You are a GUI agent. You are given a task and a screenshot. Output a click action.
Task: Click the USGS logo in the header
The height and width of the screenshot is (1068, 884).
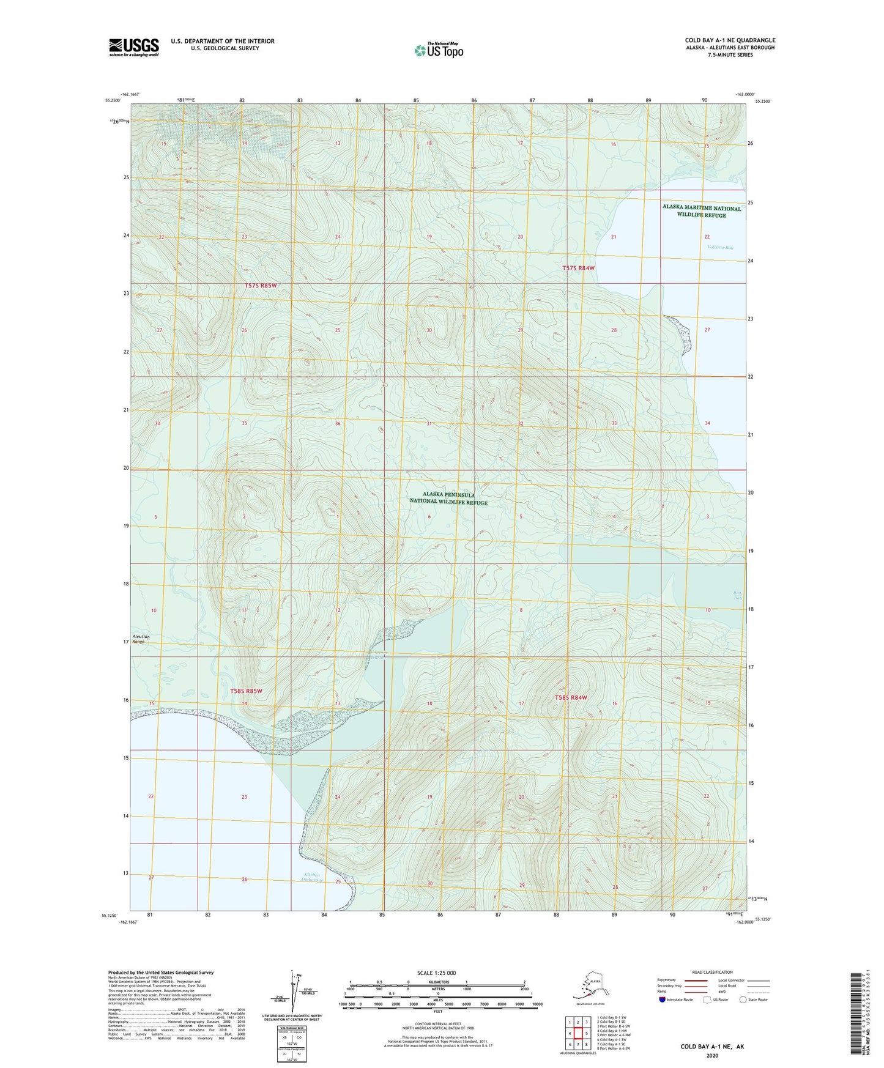click(x=133, y=47)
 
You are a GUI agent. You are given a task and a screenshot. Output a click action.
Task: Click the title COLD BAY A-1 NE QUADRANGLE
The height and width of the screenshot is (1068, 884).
click(x=730, y=40)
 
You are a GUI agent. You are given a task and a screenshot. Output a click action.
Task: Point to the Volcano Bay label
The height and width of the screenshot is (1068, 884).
click(x=719, y=248)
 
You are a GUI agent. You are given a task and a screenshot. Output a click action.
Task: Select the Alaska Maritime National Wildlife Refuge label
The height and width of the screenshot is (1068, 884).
click(x=701, y=212)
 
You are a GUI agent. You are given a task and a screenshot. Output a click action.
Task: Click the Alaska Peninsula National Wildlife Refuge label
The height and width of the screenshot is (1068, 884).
click(x=448, y=499)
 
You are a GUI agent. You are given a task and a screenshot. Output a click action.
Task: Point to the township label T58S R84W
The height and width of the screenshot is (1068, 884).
click(x=570, y=697)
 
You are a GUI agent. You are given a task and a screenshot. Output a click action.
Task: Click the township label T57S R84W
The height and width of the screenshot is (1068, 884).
click(x=578, y=268)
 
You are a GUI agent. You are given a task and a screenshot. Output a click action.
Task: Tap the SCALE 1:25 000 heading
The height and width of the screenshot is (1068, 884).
click(x=436, y=973)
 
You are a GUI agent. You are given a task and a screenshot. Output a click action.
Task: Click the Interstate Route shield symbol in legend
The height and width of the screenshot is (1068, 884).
click(x=663, y=999)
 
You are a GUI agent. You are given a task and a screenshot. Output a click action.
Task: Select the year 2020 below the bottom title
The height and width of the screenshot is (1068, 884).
click(x=711, y=1055)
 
